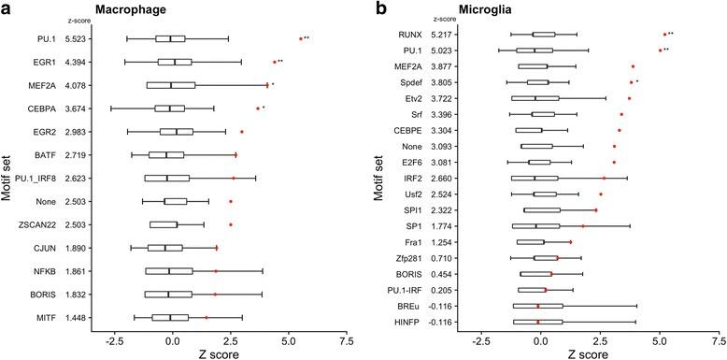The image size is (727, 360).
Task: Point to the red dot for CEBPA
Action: [258, 108]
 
